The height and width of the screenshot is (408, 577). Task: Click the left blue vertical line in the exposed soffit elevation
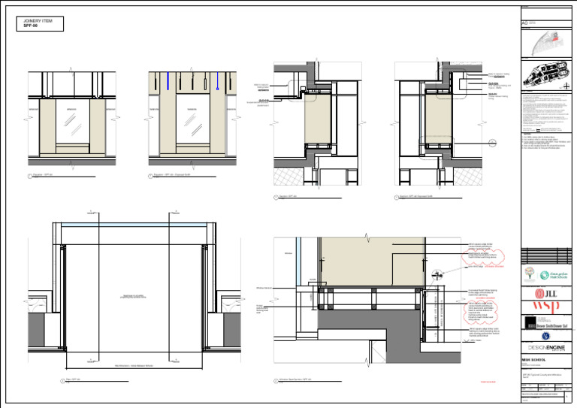168,81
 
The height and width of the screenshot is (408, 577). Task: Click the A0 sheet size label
525,23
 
